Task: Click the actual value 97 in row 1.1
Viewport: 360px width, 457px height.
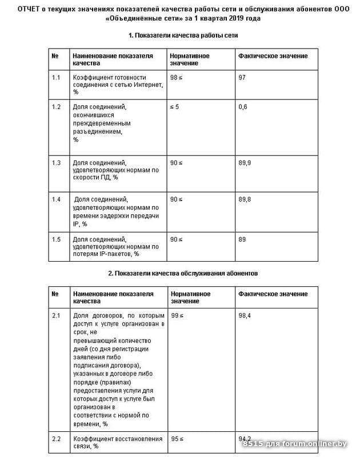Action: click(242, 77)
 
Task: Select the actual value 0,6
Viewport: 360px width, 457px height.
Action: click(243, 107)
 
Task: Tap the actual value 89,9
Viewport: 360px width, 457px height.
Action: click(244, 163)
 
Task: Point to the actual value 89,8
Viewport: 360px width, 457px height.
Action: click(244, 199)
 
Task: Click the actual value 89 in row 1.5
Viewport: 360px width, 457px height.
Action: click(242, 239)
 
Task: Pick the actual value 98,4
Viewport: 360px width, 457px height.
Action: click(244, 315)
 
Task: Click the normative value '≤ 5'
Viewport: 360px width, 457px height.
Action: click(175, 107)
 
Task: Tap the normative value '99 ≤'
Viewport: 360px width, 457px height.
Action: click(178, 315)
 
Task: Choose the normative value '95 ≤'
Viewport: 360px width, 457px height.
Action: click(178, 439)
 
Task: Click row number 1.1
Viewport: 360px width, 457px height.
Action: click(56, 77)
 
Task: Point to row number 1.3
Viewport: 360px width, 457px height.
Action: click(56, 163)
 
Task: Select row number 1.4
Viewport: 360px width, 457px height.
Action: click(56, 199)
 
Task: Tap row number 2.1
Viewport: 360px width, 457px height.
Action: click(56, 315)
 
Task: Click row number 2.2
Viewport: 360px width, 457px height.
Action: click(56, 439)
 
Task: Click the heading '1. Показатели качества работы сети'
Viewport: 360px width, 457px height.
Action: click(183, 35)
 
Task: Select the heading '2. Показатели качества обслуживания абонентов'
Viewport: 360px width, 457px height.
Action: click(183, 274)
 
